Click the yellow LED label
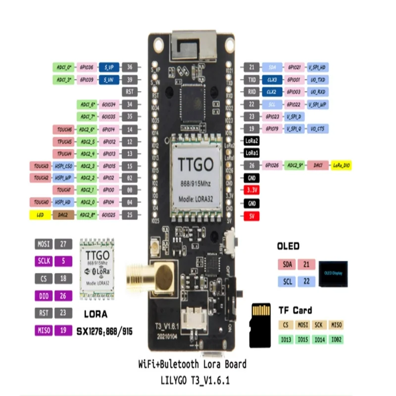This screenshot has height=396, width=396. point(41,215)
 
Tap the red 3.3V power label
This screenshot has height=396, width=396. point(252,190)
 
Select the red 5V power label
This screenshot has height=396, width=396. point(252,216)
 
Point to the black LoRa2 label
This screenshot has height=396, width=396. point(252,141)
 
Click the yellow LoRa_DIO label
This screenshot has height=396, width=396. point(341,165)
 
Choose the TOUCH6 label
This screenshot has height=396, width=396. point(64,129)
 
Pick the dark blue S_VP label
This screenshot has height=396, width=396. point(109,67)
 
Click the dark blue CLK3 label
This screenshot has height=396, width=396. point(272,79)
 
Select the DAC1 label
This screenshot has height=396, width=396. point(318,165)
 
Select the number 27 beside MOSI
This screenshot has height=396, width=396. point(63,244)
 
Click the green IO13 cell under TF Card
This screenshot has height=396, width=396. point(285,339)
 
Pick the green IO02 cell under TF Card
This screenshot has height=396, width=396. point(336,339)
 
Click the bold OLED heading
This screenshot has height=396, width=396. point(288,246)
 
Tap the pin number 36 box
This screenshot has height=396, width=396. point(130,67)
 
